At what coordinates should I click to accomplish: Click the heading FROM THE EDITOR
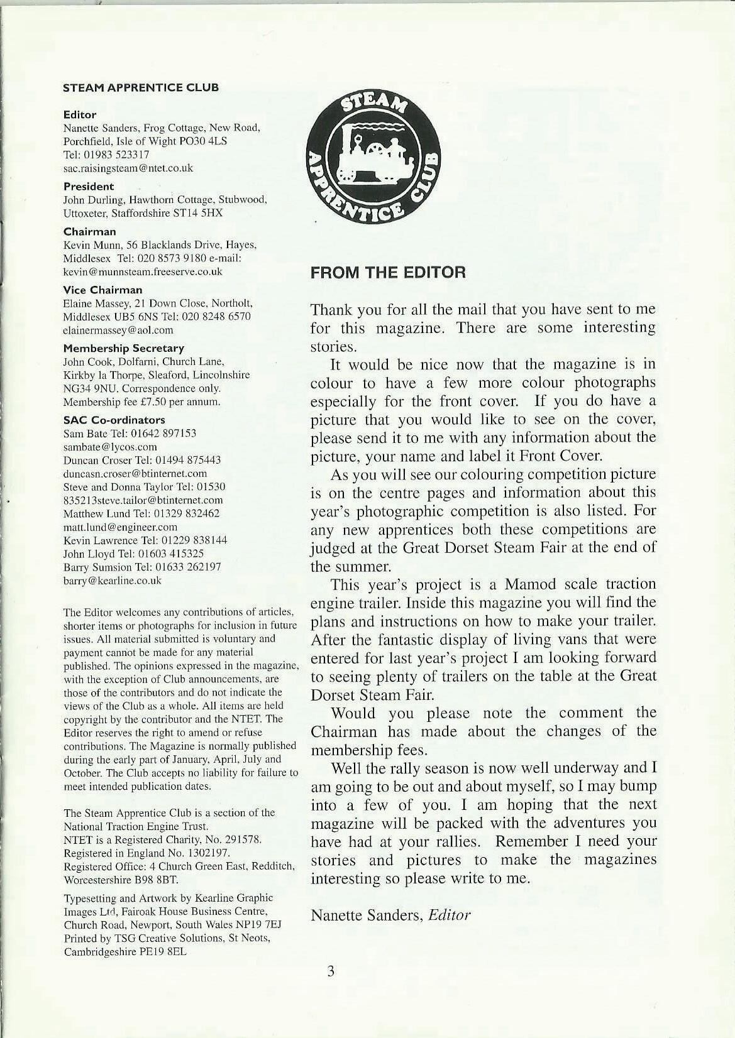coord(388,273)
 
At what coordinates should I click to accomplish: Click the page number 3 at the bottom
coord(331,971)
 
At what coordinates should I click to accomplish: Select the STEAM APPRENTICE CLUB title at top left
coord(141,88)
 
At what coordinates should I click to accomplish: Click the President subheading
coord(89,187)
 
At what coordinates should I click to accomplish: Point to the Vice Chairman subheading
coord(102,290)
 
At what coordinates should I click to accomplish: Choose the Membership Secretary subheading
coord(124,348)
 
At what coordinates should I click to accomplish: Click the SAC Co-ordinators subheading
coord(114,420)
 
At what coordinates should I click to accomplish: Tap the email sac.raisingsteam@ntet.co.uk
coord(128,168)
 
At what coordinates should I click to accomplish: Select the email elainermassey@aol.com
coord(118,330)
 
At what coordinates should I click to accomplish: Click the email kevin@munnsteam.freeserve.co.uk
coord(143,271)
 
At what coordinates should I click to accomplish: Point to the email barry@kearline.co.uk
coord(113,581)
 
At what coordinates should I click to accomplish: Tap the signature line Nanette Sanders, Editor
coord(390,915)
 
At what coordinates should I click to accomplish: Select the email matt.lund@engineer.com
coord(120,527)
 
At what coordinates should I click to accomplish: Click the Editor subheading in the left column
coord(80,115)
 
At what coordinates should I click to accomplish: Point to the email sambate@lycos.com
coord(110,447)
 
